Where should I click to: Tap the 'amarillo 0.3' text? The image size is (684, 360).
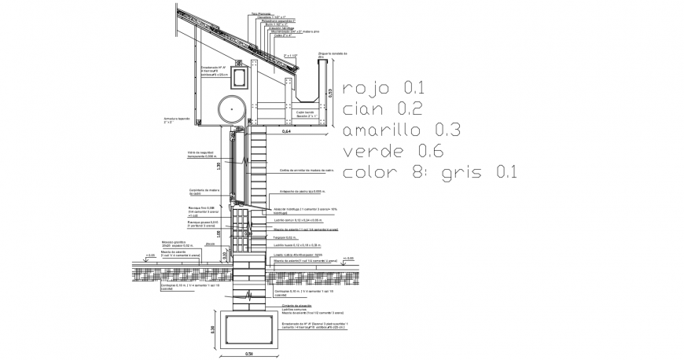pyautogui.click(x=401, y=130)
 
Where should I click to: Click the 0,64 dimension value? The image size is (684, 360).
pyautogui.click(x=287, y=131)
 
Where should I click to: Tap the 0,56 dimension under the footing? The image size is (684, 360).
pyautogui.click(x=248, y=354)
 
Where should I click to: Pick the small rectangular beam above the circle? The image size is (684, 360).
pyautogui.click(x=237, y=76)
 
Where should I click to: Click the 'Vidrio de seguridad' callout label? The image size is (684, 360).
pyautogui.click(x=201, y=153)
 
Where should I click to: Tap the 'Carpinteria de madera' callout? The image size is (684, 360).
pyautogui.click(x=202, y=191)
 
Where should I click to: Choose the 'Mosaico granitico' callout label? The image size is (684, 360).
pyautogui.click(x=174, y=244)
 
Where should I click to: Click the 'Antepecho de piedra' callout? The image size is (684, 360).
pyautogui.click(x=300, y=192)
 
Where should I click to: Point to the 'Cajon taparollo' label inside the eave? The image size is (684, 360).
pyautogui.click(x=304, y=114)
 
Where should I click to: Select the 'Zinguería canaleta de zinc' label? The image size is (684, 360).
pyautogui.click(x=331, y=55)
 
